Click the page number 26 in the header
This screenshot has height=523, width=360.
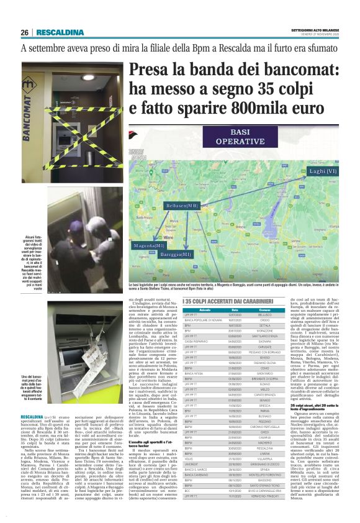coord(25,32)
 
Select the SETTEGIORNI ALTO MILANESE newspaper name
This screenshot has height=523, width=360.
coord(315,31)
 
